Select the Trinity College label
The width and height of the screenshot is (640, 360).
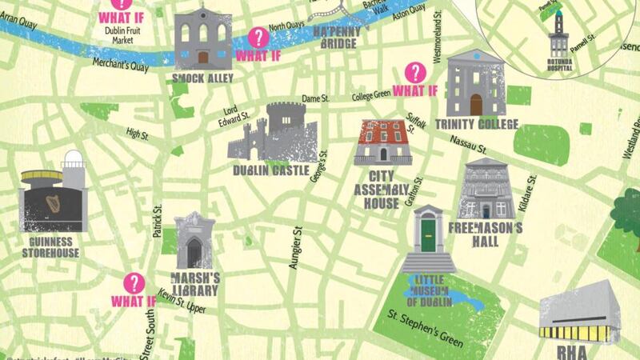click(477, 124)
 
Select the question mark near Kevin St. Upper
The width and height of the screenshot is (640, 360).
click(134, 282)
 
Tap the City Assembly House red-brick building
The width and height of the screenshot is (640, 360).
click(382, 142)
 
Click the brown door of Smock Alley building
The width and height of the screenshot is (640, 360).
click(203, 58)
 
